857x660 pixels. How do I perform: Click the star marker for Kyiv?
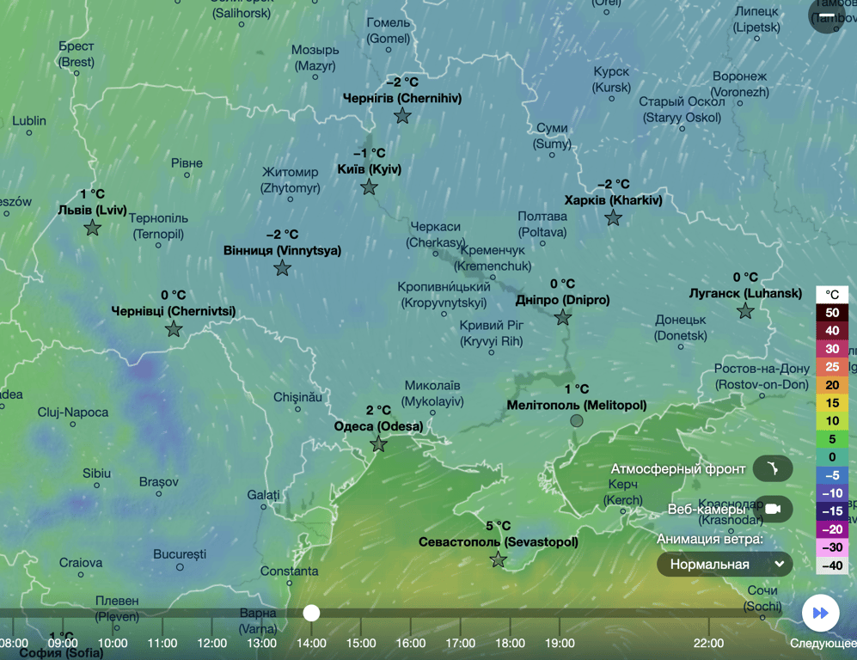pyautogui.click(x=369, y=187)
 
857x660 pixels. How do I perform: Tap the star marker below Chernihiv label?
pyautogui.click(x=402, y=116)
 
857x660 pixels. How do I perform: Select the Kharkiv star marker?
pyautogui.click(x=613, y=218)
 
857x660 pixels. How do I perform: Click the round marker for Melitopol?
pyautogui.click(x=577, y=421)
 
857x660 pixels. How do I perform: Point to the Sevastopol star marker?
pyautogui.click(x=499, y=560)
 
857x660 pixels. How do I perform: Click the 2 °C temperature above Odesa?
pyautogui.click(x=378, y=411)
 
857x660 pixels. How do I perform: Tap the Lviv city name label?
pyautogui.click(x=92, y=210)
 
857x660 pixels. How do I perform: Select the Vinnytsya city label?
pyautogui.click(x=282, y=251)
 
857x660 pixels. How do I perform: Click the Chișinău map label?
pyautogui.click(x=297, y=397)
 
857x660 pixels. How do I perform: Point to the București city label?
pyautogui.click(x=180, y=554)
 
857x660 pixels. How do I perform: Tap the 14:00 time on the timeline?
pyautogui.click(x=311, y=643)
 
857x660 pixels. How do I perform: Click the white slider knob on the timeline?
pyautogui.click(x=311, y=613)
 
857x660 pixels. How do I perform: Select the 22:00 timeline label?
pyautogui.click(x=708, y=643)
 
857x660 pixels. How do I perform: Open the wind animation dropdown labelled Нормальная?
pyautogui.click(x=724, y=565)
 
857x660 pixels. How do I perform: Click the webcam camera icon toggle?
pyautogui.click(x=772, y=509)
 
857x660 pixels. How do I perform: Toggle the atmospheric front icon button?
pyautogui.click(x=772, y=469)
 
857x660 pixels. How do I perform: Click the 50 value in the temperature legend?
pyautogui.click(x=831, y=313)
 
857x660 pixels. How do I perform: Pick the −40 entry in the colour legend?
pyautogui.click(x=831, y=565)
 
